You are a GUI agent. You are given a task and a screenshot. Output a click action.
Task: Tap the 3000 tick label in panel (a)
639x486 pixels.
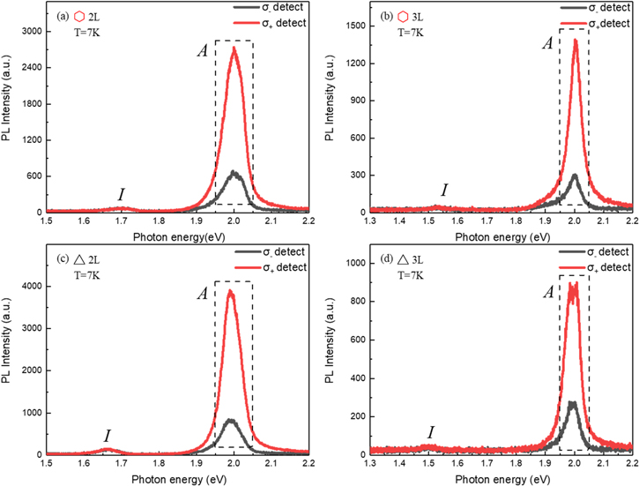click(30, 32)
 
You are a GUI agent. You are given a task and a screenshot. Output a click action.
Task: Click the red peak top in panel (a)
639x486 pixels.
click(234, 48)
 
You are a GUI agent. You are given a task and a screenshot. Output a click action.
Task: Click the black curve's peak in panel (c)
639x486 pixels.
click(232, 420)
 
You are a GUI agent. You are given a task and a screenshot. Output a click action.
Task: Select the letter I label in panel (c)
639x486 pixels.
click(107, 436)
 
